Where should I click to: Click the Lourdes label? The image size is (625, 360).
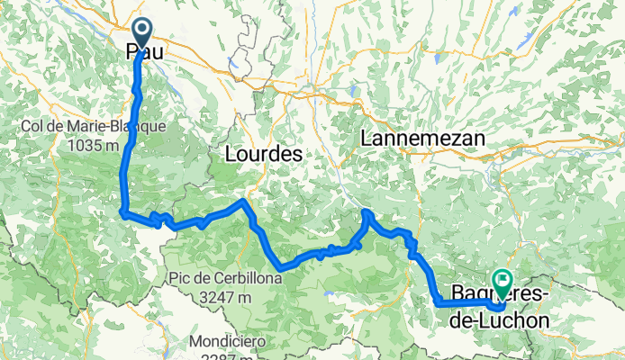click(261, 155)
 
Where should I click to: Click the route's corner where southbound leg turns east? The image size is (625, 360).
click(122, 212)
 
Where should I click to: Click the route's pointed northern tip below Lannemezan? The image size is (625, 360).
click(367, 212)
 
